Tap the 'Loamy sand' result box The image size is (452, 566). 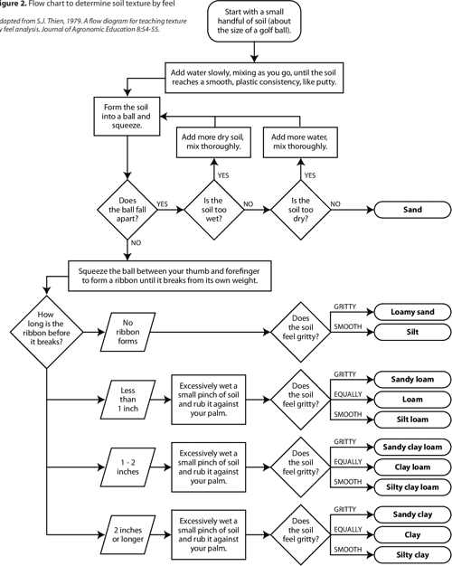click(x=412, y=312)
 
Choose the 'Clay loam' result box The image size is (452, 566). click(x=412, y=467)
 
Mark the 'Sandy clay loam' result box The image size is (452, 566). click(x=412, y=447)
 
